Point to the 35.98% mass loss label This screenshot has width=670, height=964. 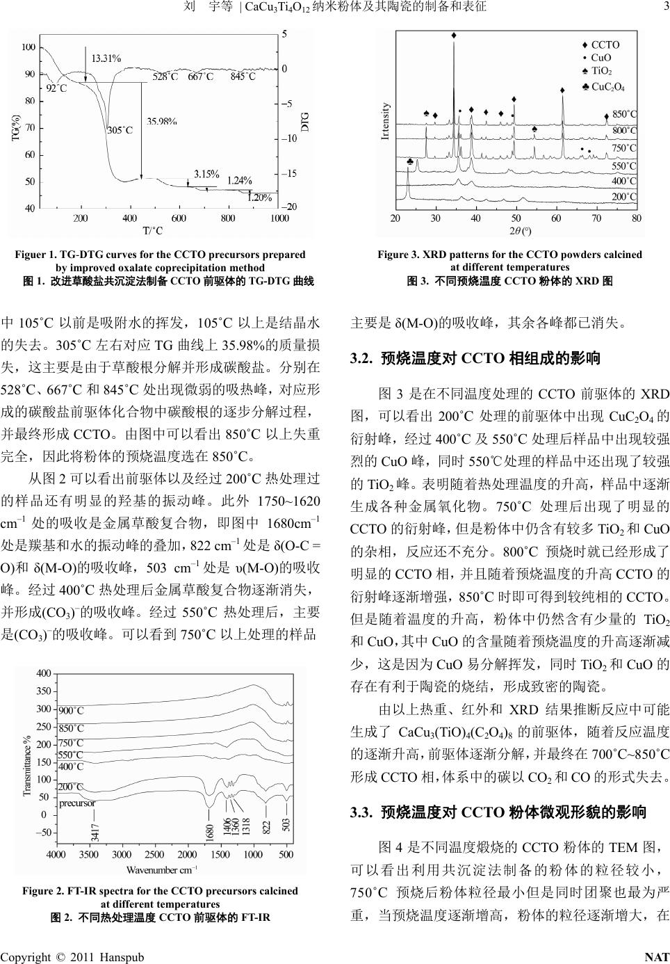click(x=161, y=121)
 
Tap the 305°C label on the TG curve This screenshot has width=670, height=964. click(x=120, y=129)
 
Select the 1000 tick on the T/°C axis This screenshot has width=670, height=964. click(x=279, y=218)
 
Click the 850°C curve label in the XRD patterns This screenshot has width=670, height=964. click(x=623, y=113)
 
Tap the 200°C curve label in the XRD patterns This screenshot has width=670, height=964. click(x=623, y=197)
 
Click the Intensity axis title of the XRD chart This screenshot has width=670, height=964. click(x=386, y=122)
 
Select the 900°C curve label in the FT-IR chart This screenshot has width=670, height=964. click(x=71, y=711)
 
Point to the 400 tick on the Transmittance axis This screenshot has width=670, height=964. click(x=44, y=673)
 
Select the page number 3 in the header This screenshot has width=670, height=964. click(x=664, y=7)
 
